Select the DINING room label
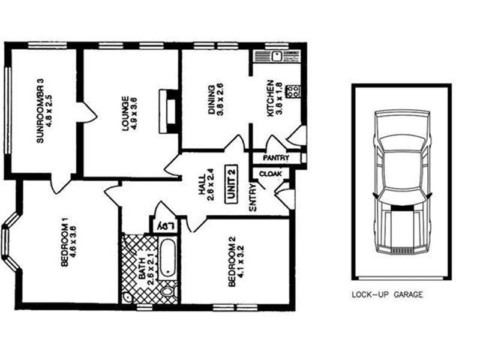click(x=211, y=102)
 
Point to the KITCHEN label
click(x=271, y=98)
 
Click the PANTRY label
click(x=276, y=158)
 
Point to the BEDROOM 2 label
click(x=233, y=264)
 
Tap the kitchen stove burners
click(x=294, y=92)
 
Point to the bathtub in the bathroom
click(x=168, y=258)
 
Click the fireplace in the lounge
click(x=169, y=111)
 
